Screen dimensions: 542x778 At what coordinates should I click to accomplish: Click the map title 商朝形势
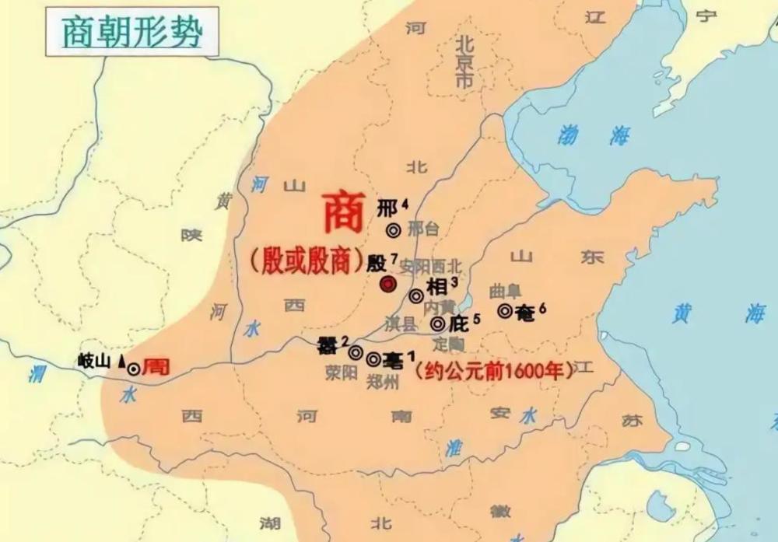(131, 32)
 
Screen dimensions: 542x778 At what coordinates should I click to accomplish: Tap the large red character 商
(343, 213)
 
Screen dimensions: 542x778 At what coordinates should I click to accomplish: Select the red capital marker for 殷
(387, 285)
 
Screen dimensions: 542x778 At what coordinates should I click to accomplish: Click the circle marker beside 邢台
(394, 229)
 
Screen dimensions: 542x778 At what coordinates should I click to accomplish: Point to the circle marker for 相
(416, 295)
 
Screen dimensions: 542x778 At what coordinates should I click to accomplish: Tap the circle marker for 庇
(438, 323)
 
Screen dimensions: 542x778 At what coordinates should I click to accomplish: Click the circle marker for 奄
(505, 311)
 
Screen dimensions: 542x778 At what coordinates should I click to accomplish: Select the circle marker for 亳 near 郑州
(373, 359)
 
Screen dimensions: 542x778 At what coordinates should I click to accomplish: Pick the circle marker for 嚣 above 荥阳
(356, 352)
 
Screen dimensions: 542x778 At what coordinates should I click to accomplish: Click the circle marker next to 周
(134, 369)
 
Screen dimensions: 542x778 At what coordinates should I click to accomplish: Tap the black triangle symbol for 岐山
(121, 361)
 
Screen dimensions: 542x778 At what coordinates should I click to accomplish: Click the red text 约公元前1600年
(495, 371)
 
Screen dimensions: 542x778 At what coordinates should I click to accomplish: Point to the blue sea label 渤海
(593, 136)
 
